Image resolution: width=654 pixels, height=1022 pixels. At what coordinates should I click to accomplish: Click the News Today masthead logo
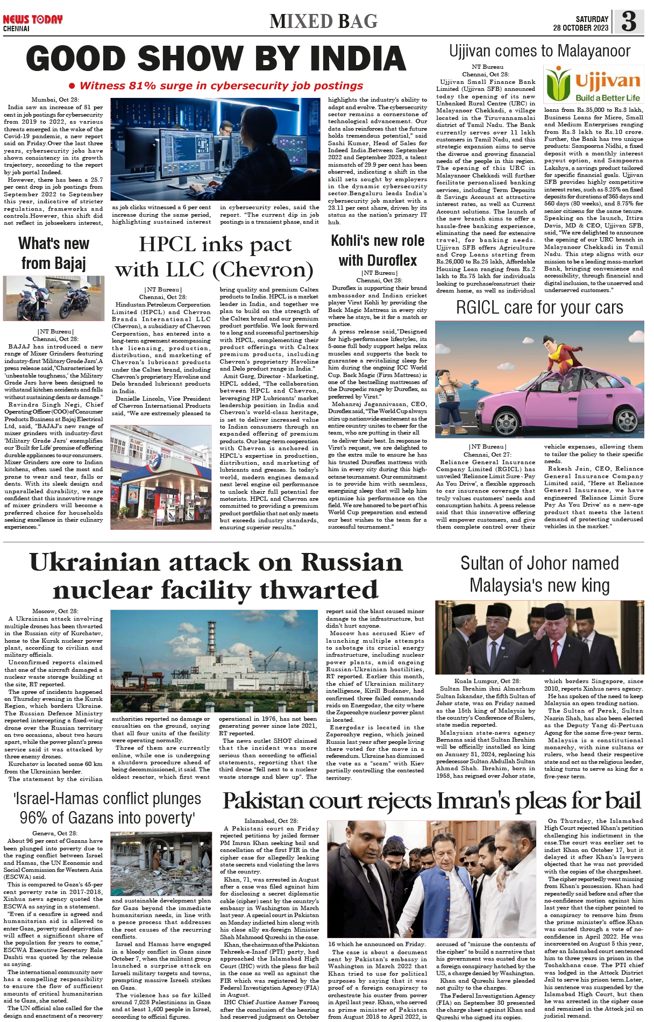32,20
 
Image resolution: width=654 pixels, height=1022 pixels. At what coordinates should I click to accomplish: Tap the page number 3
629,22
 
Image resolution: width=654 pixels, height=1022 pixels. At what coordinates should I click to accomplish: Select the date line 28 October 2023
580,28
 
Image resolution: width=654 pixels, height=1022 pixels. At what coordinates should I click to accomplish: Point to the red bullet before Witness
72,86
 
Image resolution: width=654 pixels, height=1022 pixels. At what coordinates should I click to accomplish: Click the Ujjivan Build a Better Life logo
593,84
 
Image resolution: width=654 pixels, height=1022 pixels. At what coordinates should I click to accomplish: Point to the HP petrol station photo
161,469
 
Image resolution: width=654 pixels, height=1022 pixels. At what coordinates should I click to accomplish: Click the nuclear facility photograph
215,661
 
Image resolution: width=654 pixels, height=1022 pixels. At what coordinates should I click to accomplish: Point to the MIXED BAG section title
324,22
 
